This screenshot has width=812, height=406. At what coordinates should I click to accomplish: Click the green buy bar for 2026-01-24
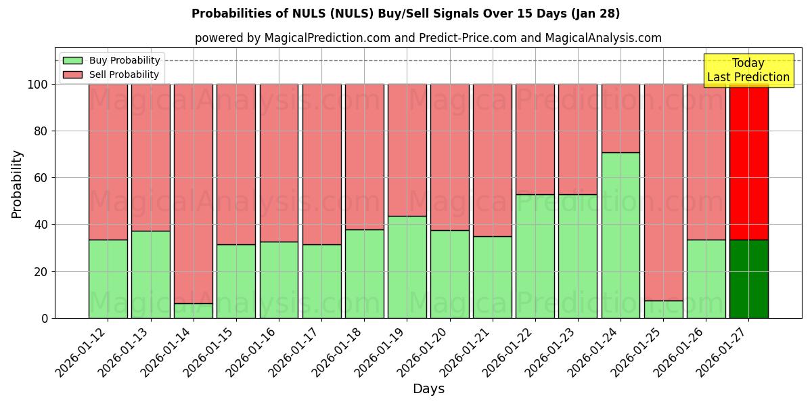coord(621,235)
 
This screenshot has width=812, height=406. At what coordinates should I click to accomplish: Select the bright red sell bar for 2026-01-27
coord(748,162)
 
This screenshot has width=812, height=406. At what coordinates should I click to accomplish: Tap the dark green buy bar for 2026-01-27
coord(748,279)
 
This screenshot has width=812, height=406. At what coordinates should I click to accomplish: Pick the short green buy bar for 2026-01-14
coord(194,311)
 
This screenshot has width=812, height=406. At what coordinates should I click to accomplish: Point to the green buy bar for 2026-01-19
coord(407,267)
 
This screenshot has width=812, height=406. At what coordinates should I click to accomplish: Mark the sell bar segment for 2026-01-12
coord(108,162)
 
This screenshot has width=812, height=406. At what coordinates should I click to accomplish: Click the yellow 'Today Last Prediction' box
coord(748,70)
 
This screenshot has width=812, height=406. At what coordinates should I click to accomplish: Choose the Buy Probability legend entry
coord(112,60)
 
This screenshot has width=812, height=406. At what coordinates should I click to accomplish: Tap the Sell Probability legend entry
coord(112,74)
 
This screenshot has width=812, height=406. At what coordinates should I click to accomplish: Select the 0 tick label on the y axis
coord(45,318)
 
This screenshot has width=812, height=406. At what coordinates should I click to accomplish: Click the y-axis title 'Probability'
coord(17,184)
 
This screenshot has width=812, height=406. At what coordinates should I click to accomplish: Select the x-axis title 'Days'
coord(428,389)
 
